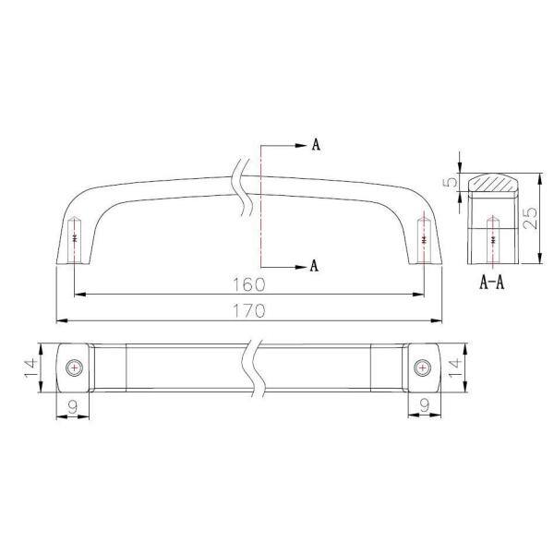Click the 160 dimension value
tap(248, 284)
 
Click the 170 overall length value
tap(248, 311)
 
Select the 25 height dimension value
tap(530, 218)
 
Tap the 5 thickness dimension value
tap(451, 182)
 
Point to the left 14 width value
tap(30, 368)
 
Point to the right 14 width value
tap(455, 367)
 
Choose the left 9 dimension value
tap(73, 408)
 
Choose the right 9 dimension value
tap(425, 405)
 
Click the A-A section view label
tap(492, 283)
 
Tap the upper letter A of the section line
tap(316, 144)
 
